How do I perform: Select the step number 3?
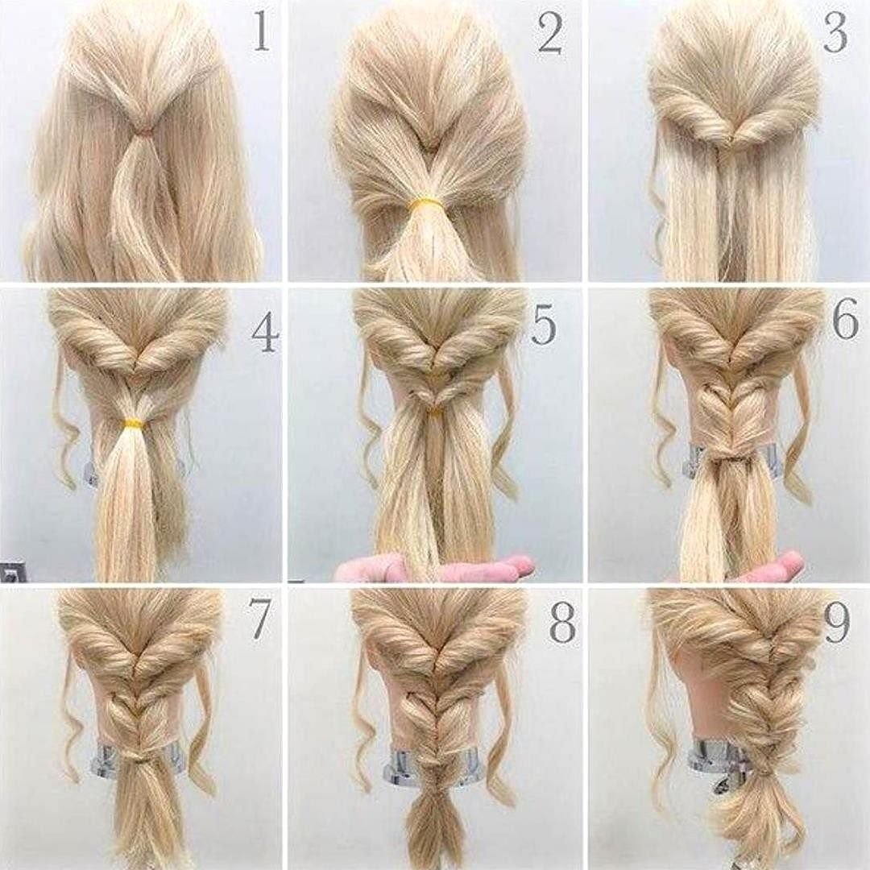coord(835,32)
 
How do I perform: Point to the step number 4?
coord(265,333)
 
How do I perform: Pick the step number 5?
coord(544,325)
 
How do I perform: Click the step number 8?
coord(561,623)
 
